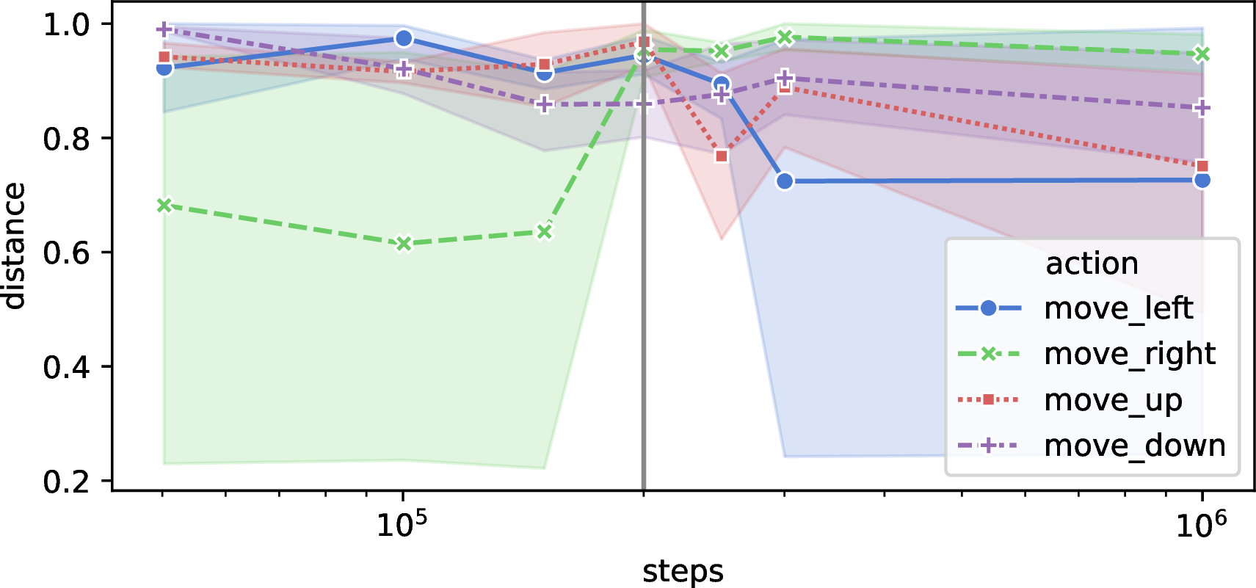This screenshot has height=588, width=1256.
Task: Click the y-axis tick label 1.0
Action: [66, 25]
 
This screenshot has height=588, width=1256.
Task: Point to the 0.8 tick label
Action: [66, 139]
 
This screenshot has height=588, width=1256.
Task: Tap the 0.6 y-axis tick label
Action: [66, 253]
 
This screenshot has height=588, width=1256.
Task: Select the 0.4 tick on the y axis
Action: [66, 367]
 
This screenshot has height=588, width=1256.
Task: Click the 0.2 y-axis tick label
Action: [66, 482]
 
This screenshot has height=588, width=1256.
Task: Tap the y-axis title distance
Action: [14, 245]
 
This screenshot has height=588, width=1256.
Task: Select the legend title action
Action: [1092, 263]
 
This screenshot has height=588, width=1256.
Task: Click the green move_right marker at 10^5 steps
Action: [404, 243]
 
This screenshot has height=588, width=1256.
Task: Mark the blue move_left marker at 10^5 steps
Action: [404, 38]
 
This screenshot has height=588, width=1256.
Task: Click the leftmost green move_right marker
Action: [164, 205]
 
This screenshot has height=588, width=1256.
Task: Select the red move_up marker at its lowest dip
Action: [722, 156]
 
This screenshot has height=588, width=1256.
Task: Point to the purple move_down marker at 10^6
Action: [1202, 108]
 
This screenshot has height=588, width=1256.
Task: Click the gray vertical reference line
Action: [644, 246]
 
